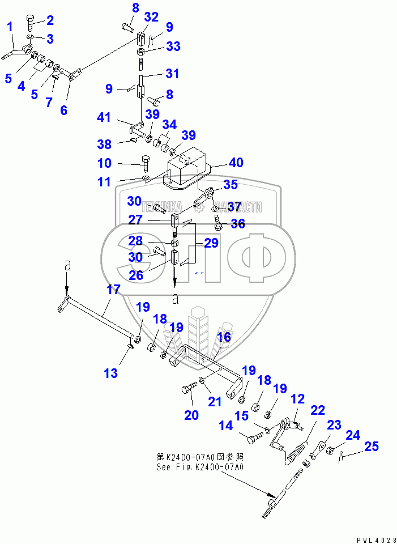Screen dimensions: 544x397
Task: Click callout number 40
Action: (236, 163)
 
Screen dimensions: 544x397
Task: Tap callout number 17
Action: (113, 290)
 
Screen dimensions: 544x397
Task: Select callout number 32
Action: (151, 18)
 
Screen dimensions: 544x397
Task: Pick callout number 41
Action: (104, 118)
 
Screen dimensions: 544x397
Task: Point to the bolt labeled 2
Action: (31, 25)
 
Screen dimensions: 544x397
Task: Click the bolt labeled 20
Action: (188, 390)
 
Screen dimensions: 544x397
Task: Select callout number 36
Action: (238, 224)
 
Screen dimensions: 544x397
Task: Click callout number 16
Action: (224, 337)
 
